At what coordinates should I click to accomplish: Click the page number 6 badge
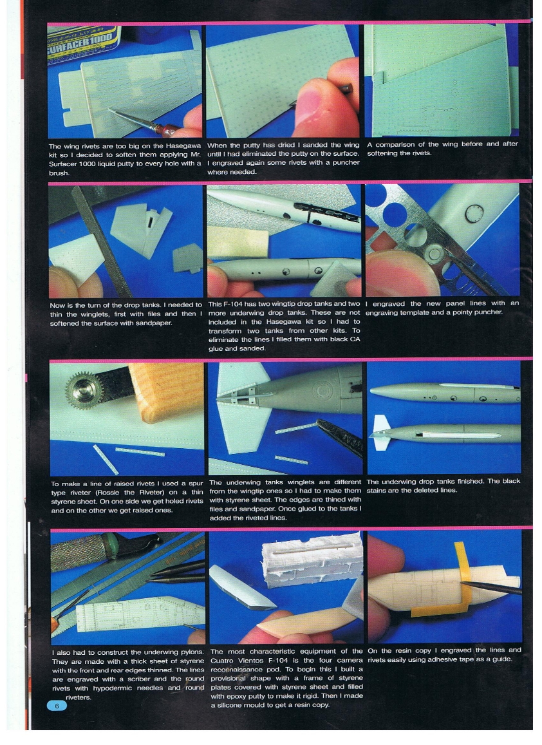click(x=56, y=706)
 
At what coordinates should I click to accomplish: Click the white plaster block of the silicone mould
click(x=315, y=560)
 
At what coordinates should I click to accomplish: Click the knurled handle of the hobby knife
click(x=77, y=553)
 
